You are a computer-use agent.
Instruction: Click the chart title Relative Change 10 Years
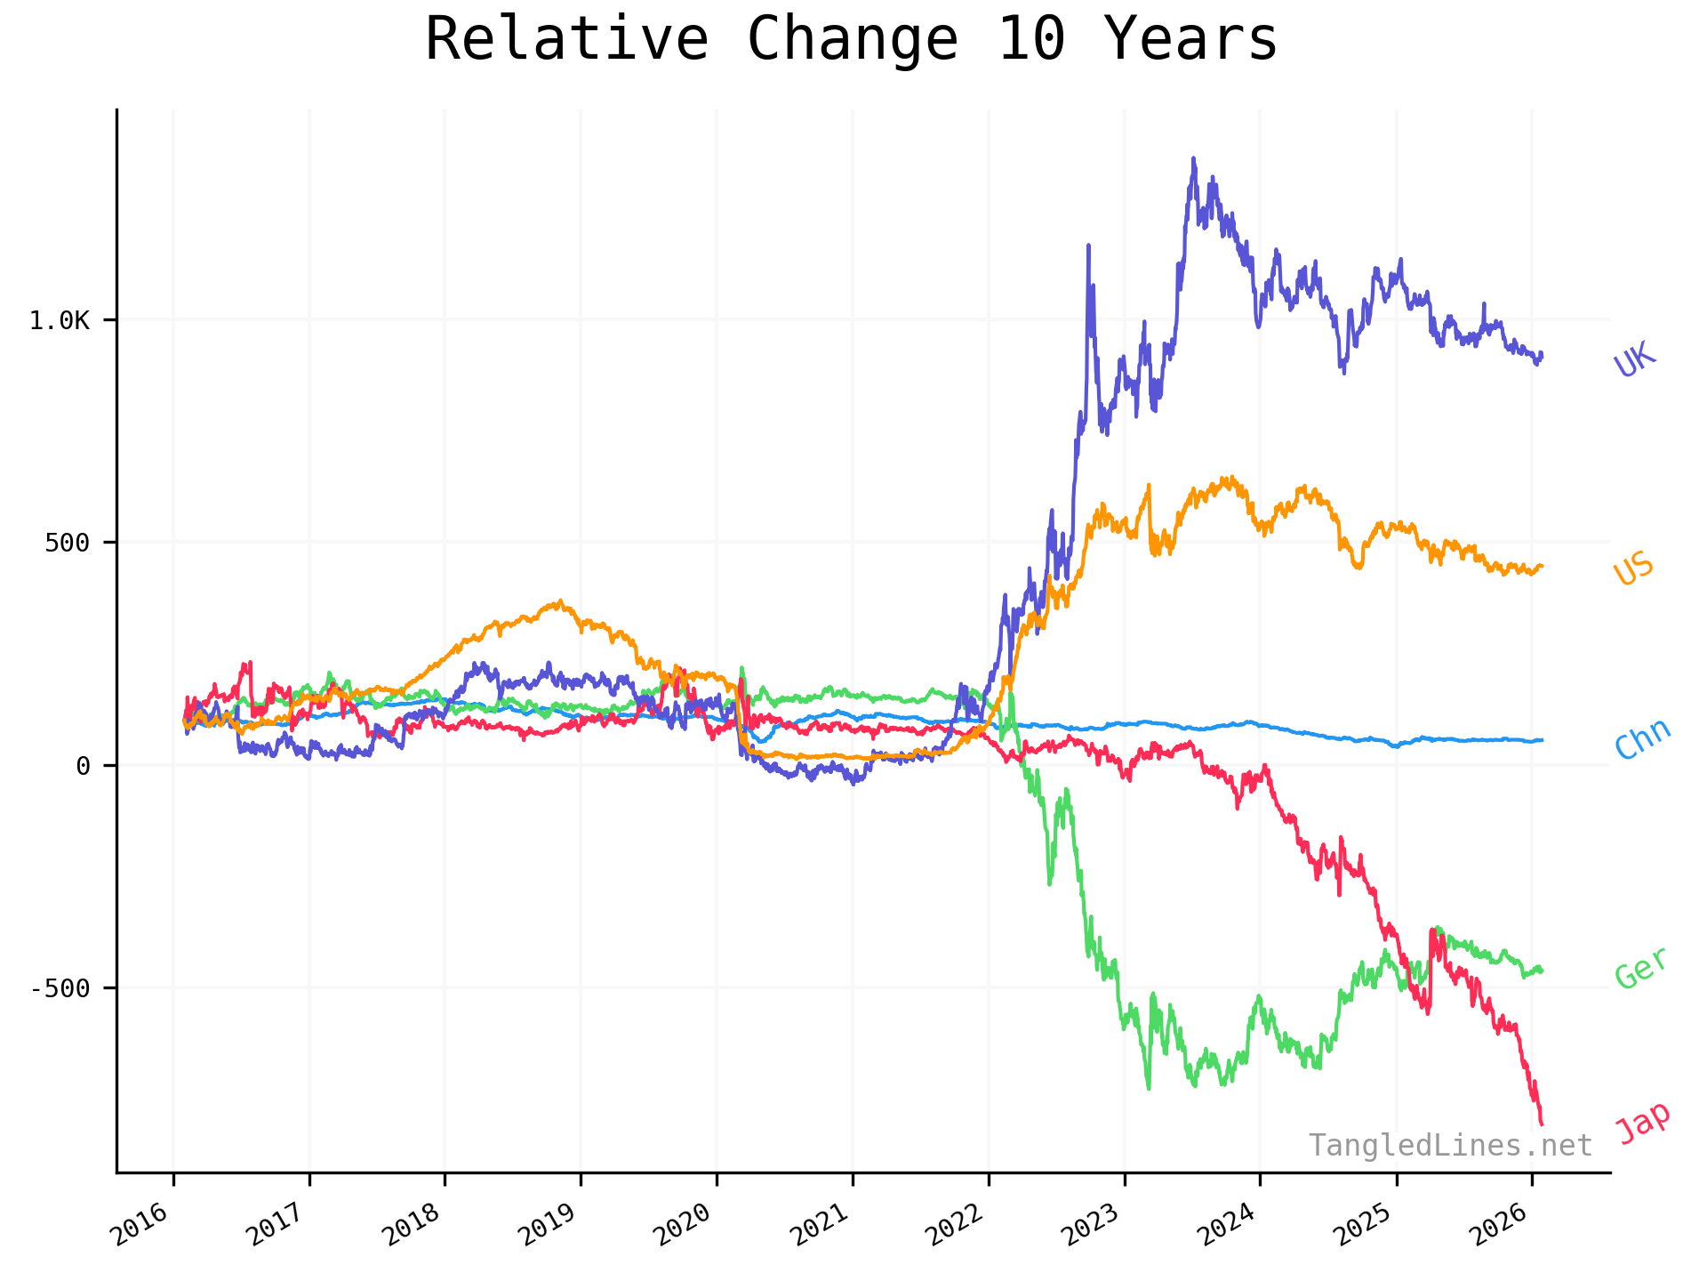[851, 40]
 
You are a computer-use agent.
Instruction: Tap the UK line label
[1635, 359]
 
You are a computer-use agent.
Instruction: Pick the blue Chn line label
[1642, 739]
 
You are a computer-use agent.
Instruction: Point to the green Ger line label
[1641, 968]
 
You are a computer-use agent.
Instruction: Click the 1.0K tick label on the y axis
[60, 320]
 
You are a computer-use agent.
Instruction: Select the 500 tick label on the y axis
[68, 543]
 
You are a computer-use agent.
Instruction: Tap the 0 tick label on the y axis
[83, 765]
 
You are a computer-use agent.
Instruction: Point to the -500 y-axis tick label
[60, 988]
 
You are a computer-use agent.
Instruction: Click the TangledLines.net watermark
[1449, 1146]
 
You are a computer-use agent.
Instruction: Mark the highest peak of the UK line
[1193, 159]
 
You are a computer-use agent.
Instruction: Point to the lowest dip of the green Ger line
[1149, 1088]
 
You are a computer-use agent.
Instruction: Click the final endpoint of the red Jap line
[1542, 1124]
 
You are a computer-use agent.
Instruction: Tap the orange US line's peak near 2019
[559, 601]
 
